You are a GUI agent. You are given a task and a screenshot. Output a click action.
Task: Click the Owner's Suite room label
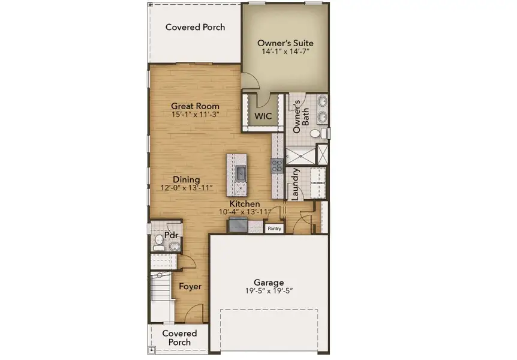[x=285, y=43]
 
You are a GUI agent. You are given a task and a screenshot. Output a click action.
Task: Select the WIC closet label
[x=263, y=116]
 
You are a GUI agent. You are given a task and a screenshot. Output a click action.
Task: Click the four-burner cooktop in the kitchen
[x=278, y=166]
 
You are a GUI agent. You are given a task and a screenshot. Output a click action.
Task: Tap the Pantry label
[x=274, y=229]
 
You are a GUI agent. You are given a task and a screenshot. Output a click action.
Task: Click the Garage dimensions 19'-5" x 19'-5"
[x=268, y=292]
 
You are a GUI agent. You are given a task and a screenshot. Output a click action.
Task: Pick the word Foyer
[x=190, y=286]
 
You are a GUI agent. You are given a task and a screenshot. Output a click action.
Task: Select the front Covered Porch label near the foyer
[x=179, y=338]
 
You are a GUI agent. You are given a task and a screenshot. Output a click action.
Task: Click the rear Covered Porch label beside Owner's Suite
[x=195, y=28]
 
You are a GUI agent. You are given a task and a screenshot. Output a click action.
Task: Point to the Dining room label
[x=187, y=179]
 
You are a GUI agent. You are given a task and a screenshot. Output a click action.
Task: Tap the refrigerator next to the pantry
[x=237, y=225]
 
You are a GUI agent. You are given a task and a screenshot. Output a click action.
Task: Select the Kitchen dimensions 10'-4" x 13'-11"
[x=245, y=212]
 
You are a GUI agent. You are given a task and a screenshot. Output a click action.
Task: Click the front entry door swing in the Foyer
[x=195, y=314]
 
